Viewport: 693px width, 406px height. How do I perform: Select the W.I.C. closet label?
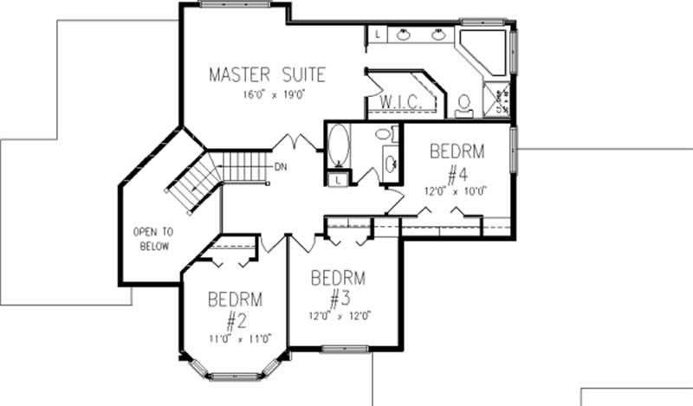[401, 103]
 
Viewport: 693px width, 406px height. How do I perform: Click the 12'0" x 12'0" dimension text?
[338, 316]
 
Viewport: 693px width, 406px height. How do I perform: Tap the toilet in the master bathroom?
[463, 104]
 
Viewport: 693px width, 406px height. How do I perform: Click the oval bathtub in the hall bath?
[338, 146]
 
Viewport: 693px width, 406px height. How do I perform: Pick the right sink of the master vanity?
[438, 35]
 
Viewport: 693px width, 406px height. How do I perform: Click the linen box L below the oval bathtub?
[337, 179]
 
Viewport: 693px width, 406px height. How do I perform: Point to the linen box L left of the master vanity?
[378, 34]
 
